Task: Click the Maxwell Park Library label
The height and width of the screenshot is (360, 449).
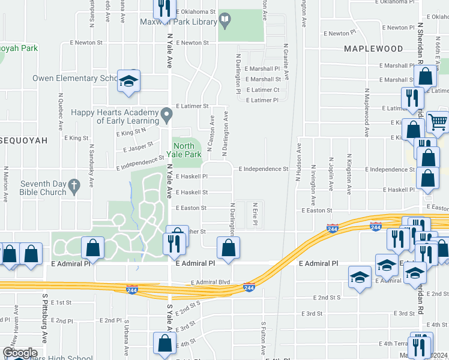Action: click(178, 22)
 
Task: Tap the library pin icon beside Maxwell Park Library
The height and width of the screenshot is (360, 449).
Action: click(225, 22)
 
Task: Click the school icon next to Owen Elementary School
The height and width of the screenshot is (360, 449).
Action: click(128, 81)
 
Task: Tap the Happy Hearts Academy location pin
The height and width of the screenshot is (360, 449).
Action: click(167, 114)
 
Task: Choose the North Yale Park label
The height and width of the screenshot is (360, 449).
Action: click(187, 149)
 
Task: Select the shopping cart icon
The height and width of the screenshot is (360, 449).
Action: click(438, 122)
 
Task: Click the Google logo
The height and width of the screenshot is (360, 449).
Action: click(20, 353)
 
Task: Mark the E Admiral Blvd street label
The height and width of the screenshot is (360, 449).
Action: click(211, 282)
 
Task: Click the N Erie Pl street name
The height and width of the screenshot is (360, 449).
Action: click(255, 214)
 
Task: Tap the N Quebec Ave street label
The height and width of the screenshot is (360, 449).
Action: click(61, 112)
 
